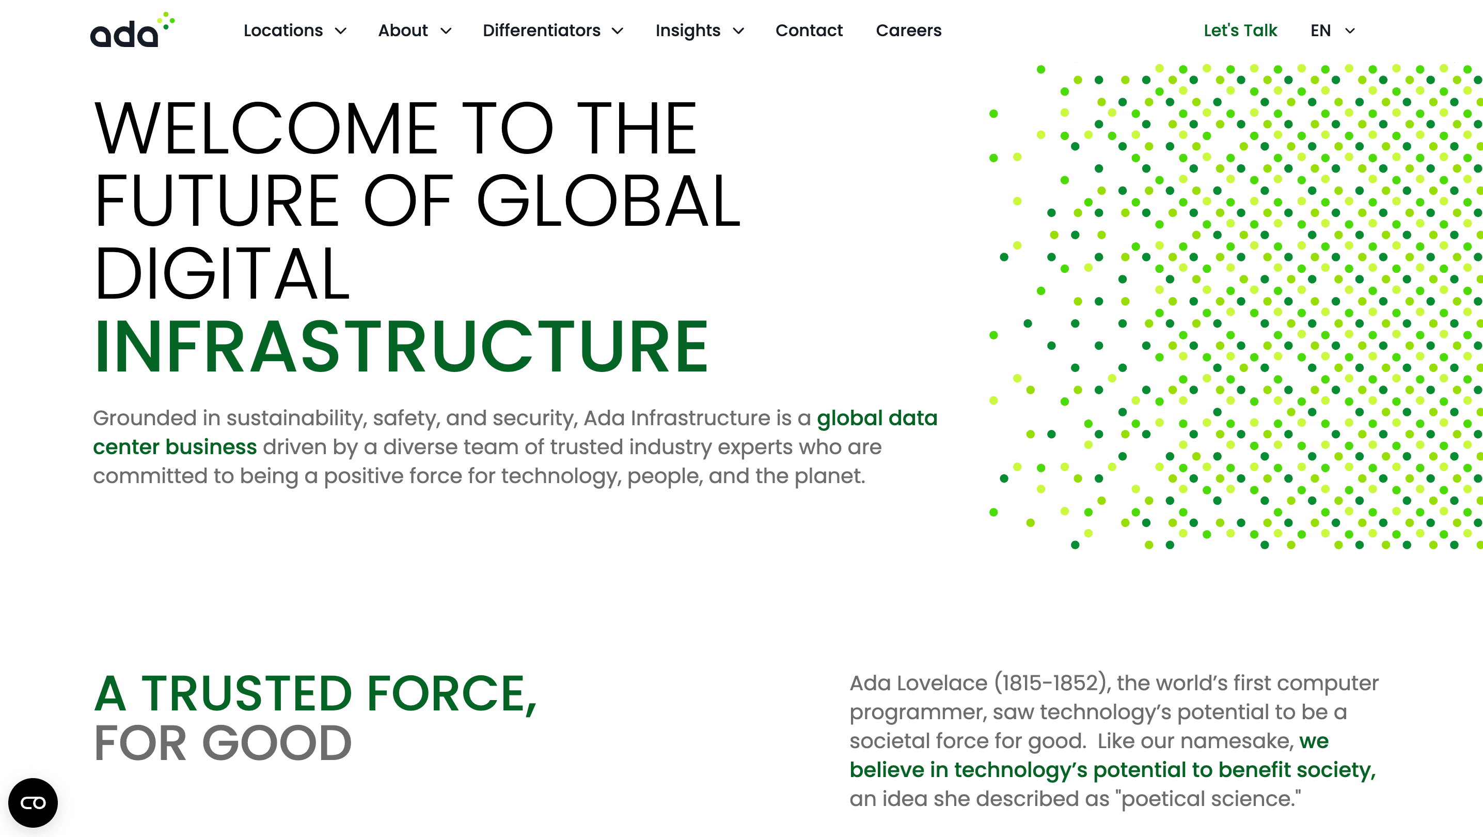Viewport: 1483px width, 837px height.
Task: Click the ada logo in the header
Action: click(132, 30)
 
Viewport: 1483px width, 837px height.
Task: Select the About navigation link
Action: click(402, 30)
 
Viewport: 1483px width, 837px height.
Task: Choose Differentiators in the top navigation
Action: click(541, 30)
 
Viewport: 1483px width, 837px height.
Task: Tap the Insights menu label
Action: click(687, 30)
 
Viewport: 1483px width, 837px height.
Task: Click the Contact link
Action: click(808, 30)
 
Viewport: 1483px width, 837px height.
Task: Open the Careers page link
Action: click(908, 30)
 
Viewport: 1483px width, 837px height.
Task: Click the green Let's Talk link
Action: click(1240, 30)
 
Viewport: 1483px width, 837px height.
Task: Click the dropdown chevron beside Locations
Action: click(341, 31)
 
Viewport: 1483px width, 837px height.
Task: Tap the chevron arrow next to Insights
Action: click(738, 31)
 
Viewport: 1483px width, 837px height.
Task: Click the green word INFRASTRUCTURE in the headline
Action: click(401, 347)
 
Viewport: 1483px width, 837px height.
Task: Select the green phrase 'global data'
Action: click(876, 418)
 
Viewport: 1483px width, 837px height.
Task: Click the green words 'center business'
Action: click(175, 447)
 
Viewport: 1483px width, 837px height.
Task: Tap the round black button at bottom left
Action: click(33, 802)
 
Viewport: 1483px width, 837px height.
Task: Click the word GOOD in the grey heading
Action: click(276, 743)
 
